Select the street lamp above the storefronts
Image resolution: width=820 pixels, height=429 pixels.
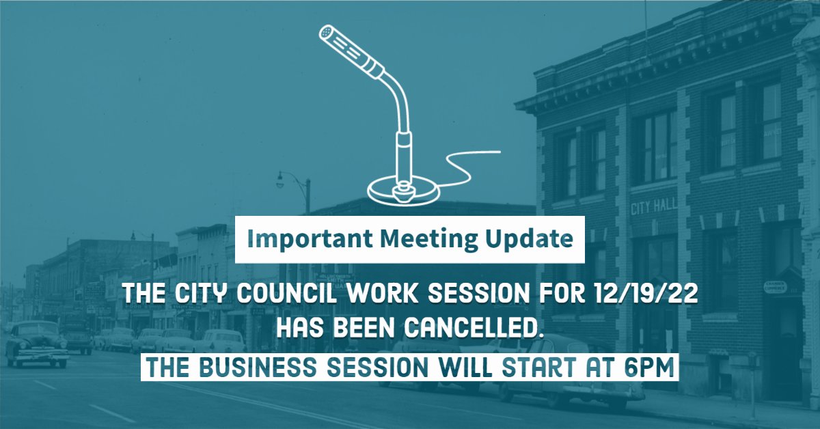tap(281, 181)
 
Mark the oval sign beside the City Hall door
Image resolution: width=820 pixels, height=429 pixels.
tap(775, 286)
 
